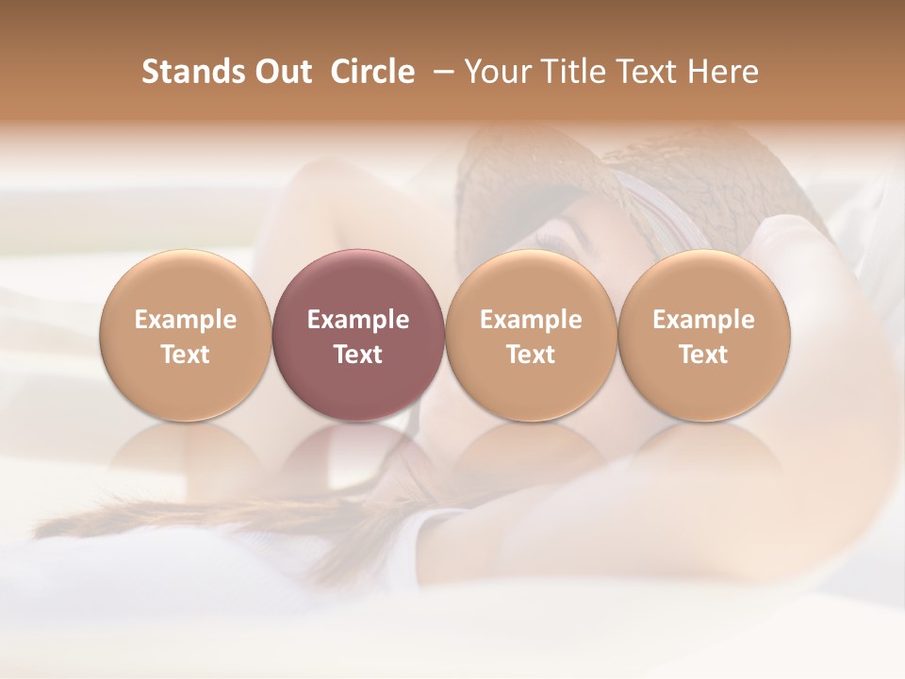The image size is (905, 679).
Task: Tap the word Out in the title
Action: [x=281, y=72]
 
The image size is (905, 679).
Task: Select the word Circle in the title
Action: [x=372, y=72]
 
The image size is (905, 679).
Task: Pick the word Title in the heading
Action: [x=575, y=72]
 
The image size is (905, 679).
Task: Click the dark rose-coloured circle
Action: [x=358, y=336]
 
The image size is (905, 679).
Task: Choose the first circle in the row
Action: [x=186, y=336]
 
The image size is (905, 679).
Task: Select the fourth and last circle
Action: [x=704, y=336]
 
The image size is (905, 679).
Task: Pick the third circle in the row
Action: [x=531, y=336]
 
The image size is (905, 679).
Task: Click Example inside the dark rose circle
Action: [x=358, y=320]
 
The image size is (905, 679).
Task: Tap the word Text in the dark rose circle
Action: [x=358, y=355]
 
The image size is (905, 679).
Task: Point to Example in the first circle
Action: [x=186, y=320]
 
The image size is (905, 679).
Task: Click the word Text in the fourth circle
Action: [x=704, y=355]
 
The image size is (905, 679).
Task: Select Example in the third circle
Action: [x=531, y=320]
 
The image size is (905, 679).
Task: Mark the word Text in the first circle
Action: [x=186, y=355]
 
